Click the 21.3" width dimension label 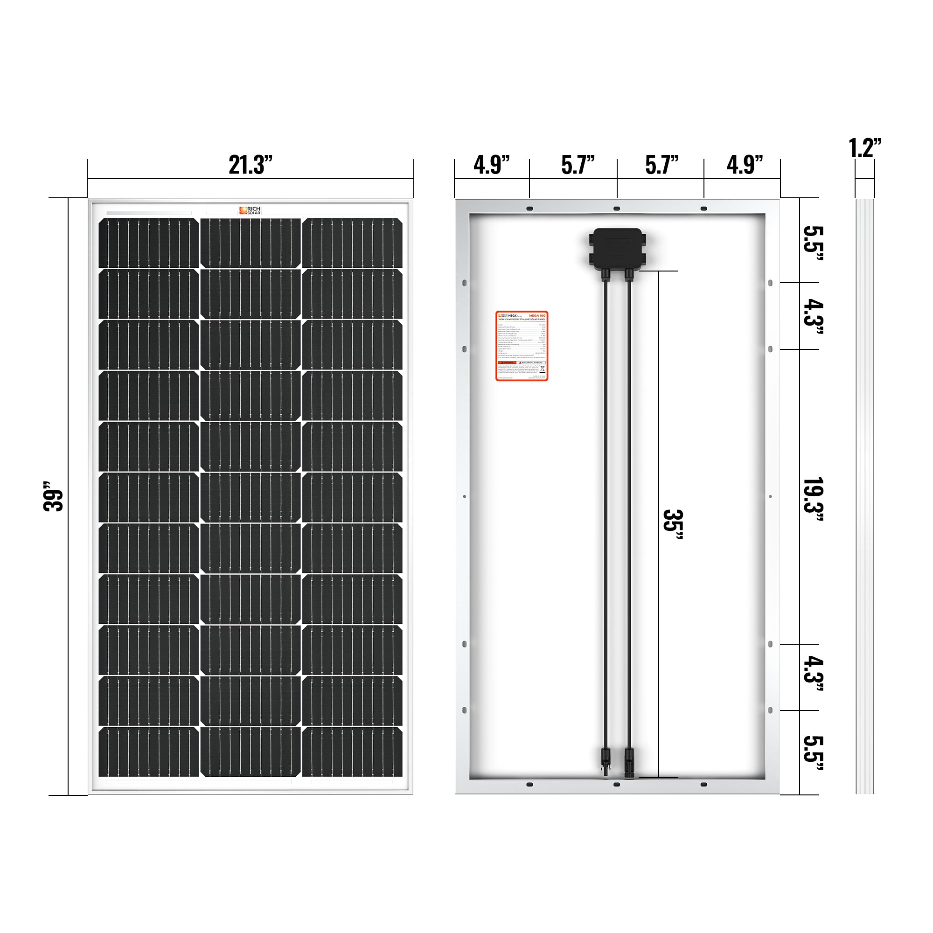(x=250, y=165)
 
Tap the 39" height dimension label (x=53, y=496)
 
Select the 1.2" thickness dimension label (x=864, y=148)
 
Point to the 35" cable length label (x=672, y=526)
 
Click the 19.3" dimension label (x=812, y=499)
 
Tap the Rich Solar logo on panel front (x=250, y=210)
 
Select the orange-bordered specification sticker (x=522, y=346)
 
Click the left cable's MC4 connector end (x=605, y=762)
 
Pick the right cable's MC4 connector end (x=629, y=762)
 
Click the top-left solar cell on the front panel (x=149, y=243)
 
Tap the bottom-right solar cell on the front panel (x=352, y=752)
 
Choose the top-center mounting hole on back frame (x=616, y=209)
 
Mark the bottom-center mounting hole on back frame (x=616, y=784)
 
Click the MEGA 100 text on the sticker (x=537, y=315)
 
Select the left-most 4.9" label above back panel (x=491, y=165)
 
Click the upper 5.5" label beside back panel (x=812, y=243)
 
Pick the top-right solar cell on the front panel (x=352, y=243)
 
